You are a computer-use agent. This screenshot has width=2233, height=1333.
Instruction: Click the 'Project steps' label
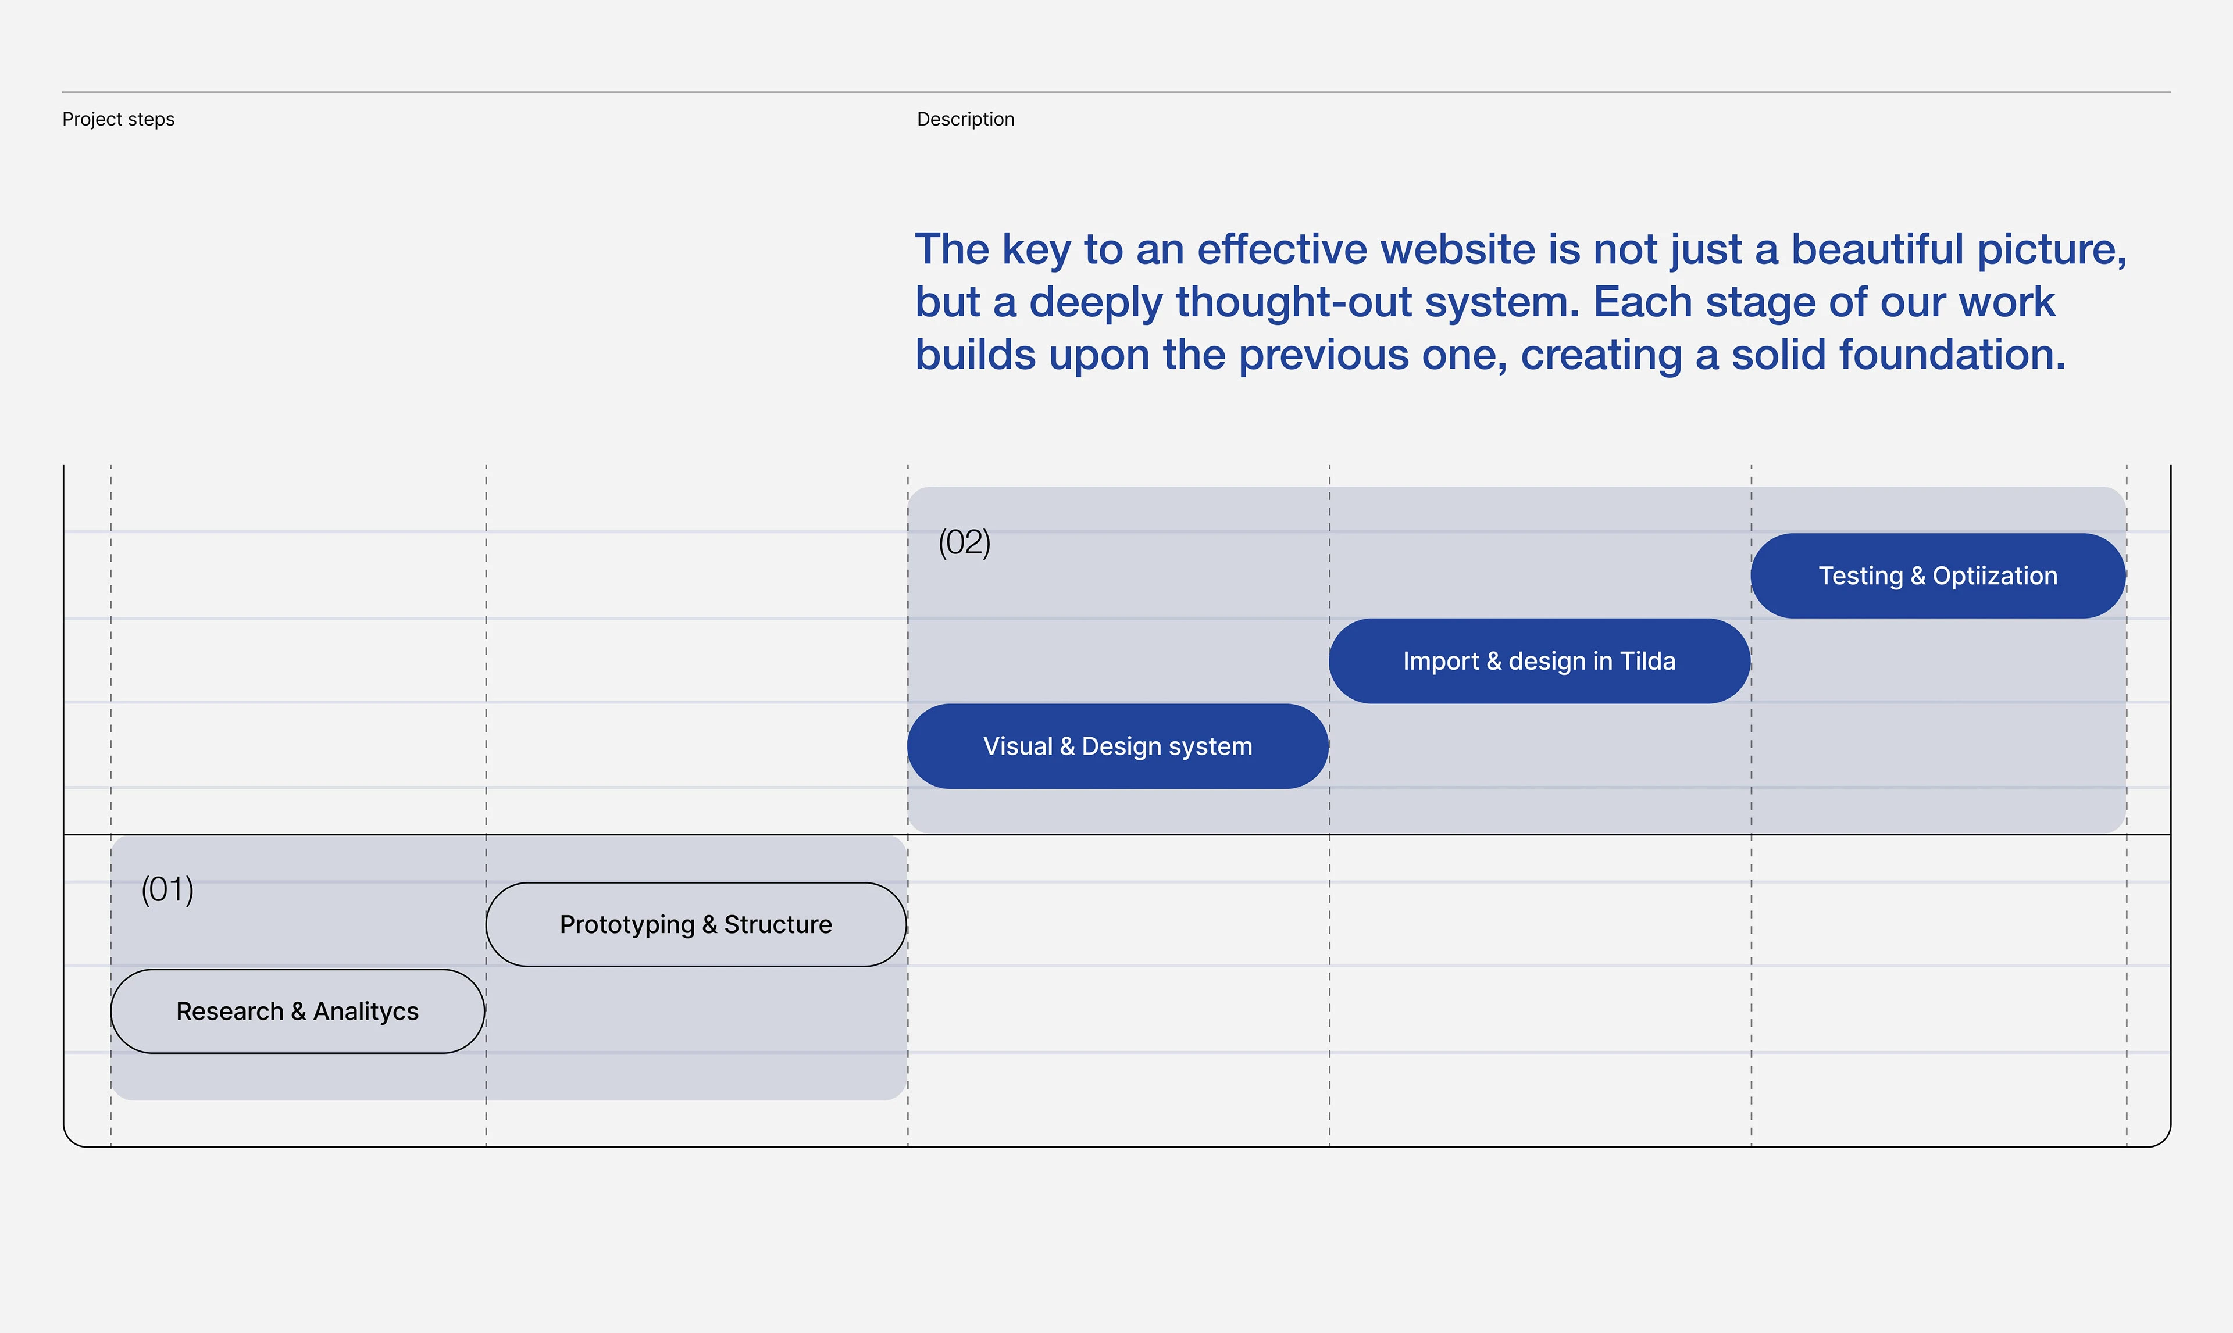point(119,120)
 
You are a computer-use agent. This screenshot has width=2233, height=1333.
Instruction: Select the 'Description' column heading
point(965,120)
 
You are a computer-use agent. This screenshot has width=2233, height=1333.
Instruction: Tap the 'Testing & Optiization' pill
point(1938,576)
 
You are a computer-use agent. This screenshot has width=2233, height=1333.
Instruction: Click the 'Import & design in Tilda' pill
point(1540,661)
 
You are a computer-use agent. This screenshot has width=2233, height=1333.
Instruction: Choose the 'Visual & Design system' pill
point(1118,746)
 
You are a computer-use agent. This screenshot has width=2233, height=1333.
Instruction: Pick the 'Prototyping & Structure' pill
point(696,924)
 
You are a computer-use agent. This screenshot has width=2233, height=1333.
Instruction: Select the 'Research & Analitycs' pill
point(297,1012)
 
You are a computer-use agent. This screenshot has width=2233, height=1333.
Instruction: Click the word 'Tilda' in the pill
point(1647,661)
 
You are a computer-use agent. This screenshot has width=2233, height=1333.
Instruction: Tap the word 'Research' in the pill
point(230,1012)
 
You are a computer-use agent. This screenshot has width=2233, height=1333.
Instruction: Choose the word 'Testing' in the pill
point(1860,576)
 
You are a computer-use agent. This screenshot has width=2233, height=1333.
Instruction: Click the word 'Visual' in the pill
point(1018,746)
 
